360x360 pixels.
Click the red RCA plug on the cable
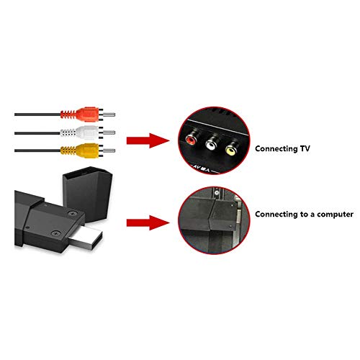pos(81,114)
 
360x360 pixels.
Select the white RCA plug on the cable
pos(81,132)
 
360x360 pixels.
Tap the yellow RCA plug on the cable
pos(81,150)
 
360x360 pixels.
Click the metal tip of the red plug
pos(109,114)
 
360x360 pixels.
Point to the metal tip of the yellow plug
pos(109,150)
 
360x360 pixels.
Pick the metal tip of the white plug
pos(109,132)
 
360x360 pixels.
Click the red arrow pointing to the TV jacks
pos(148,140)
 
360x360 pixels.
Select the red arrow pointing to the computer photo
pos(148,222)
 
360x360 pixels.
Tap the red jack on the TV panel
pos(192,139)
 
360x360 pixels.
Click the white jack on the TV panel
pos(211,145)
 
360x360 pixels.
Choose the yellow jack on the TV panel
pos(231,150)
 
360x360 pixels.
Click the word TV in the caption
pos(305,148)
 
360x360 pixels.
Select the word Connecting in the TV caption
pos(276,149)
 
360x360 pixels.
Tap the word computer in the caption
pos(335,215)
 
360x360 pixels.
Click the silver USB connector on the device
pos(86,238)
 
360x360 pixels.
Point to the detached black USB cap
pos(88,194)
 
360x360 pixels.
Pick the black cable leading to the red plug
pos(37,114)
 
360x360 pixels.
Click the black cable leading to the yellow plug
pos(37,150)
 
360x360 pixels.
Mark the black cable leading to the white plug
pos(37,132)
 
